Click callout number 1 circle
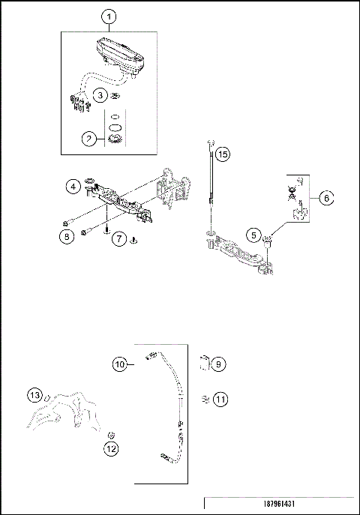[109, 16]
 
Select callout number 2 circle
[89, 139]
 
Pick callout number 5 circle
[255, 235]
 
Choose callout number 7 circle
[118, 239]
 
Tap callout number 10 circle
[120, 364]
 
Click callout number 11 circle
[219, 400]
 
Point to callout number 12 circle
[112, 449]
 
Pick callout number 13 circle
[35, 395]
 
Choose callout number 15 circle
[222, 154]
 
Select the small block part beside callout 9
[202, 364]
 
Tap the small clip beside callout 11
[204, 399]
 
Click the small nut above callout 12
[111, 435]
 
